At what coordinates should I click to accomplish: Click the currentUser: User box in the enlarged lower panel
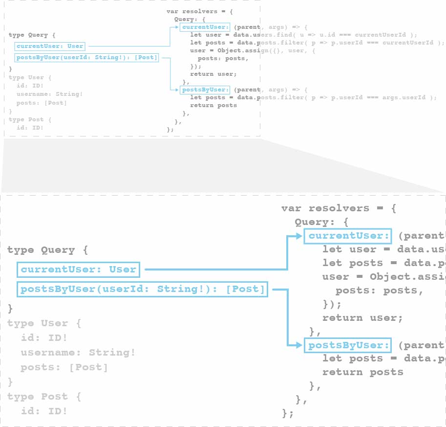click(x=79, y=270)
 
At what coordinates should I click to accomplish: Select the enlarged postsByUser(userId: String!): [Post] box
click(x=143, y=289)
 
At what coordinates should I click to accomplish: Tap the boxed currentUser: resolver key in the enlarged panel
click(x=348, y=236)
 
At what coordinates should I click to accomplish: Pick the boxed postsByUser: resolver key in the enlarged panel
click(x=348, y=345)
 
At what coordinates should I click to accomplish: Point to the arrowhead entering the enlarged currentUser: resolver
click(x=300, y=236)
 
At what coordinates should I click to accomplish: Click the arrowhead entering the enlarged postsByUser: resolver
click(x=300, y=345)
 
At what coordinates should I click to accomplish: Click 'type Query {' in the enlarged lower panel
click(x=47, y=250)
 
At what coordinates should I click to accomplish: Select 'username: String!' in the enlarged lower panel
click(x=78, y=353)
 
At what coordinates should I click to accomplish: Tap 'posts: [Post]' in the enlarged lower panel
click(x=64, y=367)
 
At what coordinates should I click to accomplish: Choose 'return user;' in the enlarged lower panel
click(x=362, y=318)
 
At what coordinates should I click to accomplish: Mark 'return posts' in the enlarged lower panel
click(x=362, y=372)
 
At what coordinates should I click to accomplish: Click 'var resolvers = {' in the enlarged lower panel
click(x=339, y=208)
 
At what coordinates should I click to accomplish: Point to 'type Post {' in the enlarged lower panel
click(x=44, y=397)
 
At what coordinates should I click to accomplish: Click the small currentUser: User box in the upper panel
click(x=50, y=46)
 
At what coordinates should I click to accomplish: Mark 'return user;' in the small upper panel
click(x=213, y=74)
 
